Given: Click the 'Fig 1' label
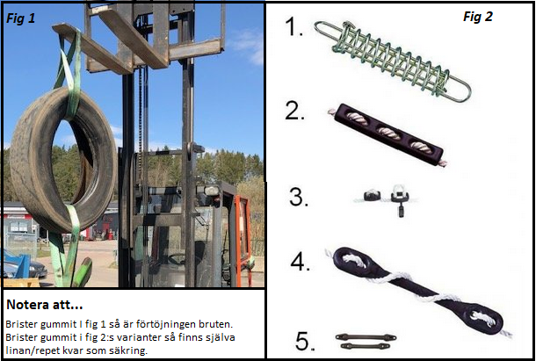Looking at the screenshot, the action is pyautogui.click(x=21, y=18).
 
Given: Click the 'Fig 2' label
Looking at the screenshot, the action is pyautogui.click(x=477, y=17).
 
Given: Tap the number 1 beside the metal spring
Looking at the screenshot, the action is pyautogui.click(x=294, y=26).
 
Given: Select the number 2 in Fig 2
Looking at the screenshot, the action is pyautogui.click(x=294, y=111).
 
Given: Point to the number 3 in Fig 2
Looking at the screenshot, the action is pyautogui.click(x=299, y=197).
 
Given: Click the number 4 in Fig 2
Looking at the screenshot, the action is pyautogui.click(x=301, y=262).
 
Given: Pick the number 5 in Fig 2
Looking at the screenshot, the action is pyautogui.click(x=305, y=341).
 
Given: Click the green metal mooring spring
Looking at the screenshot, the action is pyautogui.click(x=393, y=61).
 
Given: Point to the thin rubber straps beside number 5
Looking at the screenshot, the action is pyautogui.click(x=366, y=342).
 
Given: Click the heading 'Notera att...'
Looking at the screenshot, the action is pyautogui.click(x=45, y=305).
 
